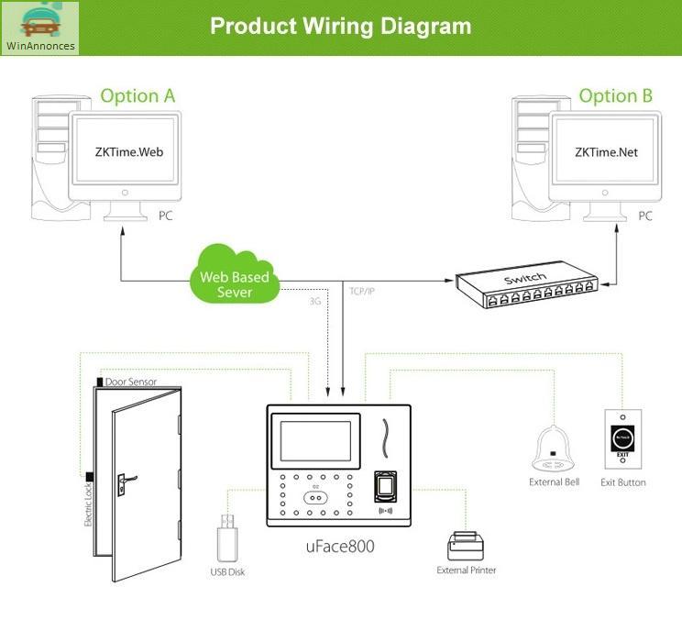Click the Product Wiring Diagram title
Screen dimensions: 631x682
[x=341, y=25]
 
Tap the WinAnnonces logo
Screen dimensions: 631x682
[x=40, y=28]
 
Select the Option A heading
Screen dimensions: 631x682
[x=137, y=95]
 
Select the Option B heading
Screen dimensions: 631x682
[x=616, y=95]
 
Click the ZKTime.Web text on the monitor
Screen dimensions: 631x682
[x=128, y=152]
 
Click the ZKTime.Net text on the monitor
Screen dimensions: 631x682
[x=606, y=152]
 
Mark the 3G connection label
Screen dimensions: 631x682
[x=315, y=300]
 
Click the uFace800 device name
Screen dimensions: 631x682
[x=339, y=547]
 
